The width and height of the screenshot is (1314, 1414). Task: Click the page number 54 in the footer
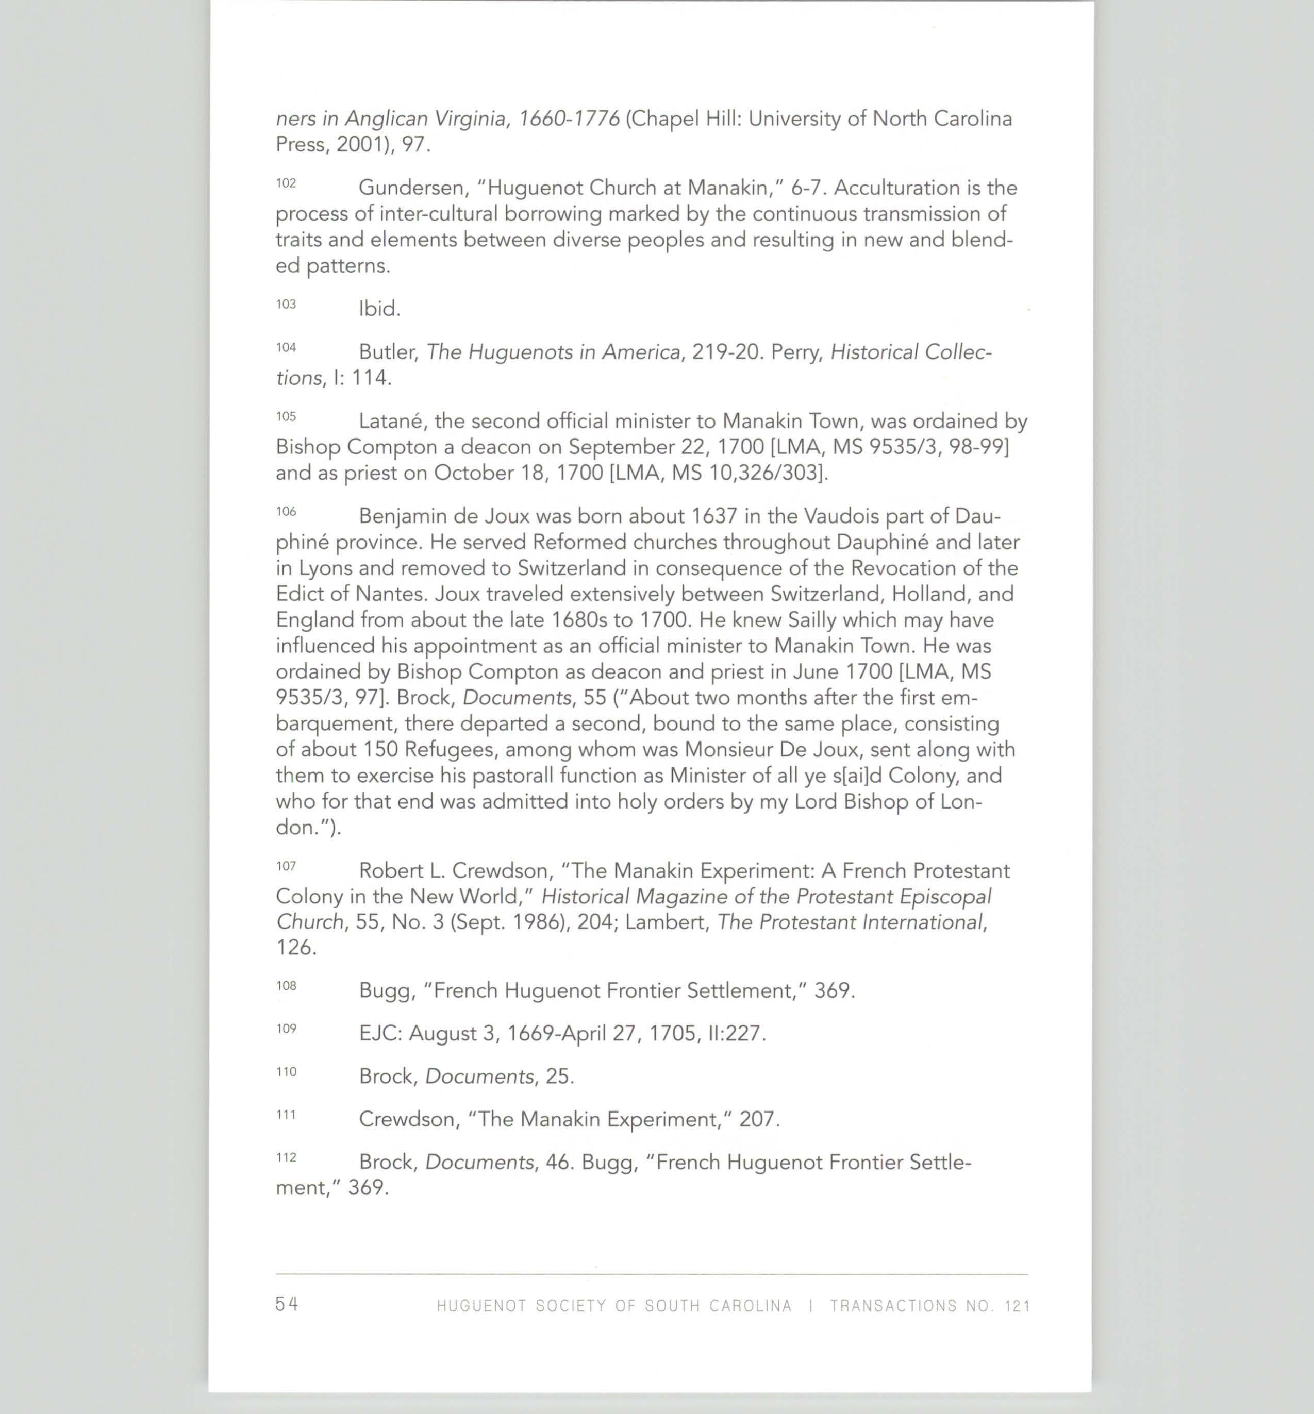point(287,1304)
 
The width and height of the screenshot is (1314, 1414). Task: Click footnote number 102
point(286,183)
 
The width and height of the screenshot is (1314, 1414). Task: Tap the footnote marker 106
point(286,512)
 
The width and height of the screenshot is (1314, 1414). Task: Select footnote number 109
point(286,1029)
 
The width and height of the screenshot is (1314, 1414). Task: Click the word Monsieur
point(728,749)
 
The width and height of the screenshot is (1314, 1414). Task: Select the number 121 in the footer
point(1018,1306)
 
